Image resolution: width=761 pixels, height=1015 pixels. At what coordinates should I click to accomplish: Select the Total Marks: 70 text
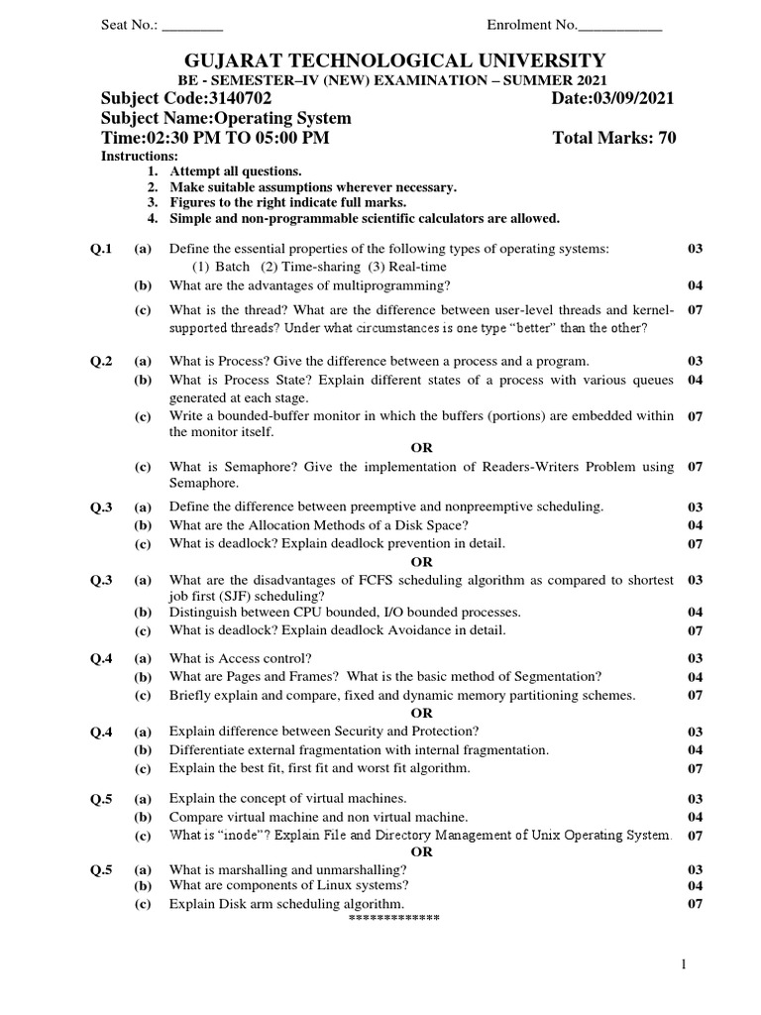(614, 139)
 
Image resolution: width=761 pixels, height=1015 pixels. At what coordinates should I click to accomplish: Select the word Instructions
(140, 157)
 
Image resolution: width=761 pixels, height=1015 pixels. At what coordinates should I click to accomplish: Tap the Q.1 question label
(102, 248)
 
